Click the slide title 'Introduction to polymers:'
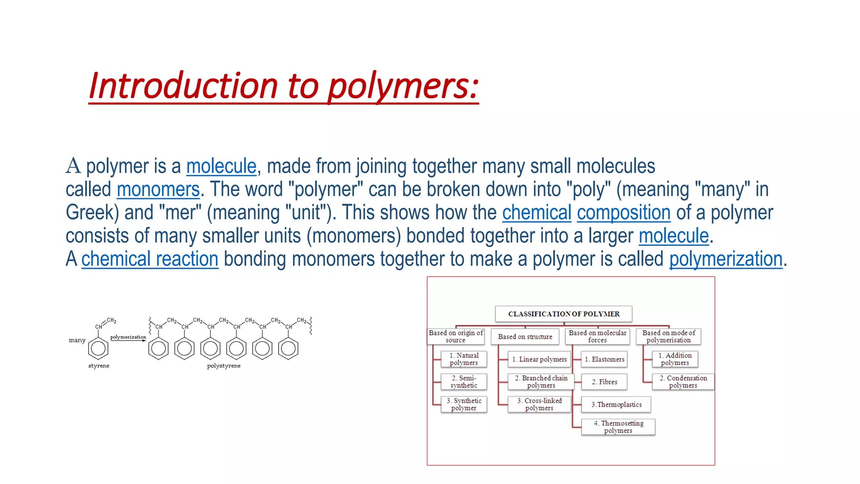(283, 86)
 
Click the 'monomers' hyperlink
(158, 189)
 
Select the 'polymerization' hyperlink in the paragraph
(726, 259)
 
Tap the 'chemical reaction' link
(149, 259)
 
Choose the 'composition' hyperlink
(624, 213)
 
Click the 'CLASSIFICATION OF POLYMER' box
(564, 314)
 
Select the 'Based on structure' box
(525, 337)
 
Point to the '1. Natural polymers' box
(464, 359)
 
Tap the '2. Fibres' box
(604, 382)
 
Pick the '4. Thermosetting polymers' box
(618, 427)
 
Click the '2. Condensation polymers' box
(683, 382)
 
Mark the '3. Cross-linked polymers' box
(539, 405)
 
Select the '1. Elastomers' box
(604, 359)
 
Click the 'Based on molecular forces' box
(597, 337)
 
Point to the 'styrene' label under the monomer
(99, 366)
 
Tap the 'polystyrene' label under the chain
(224, 366)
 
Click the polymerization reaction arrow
(128, 340)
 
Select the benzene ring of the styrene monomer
(98, 348)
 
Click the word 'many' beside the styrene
(77, 340)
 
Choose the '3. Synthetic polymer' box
(464, 405)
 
